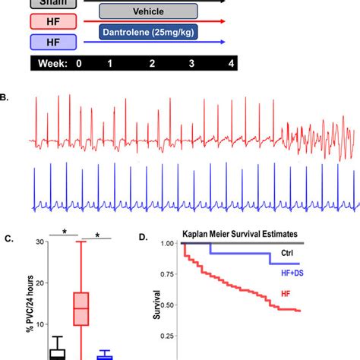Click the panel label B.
[5, 96]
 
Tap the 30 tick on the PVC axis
[31, 242]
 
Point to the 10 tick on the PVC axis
[31, 317]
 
